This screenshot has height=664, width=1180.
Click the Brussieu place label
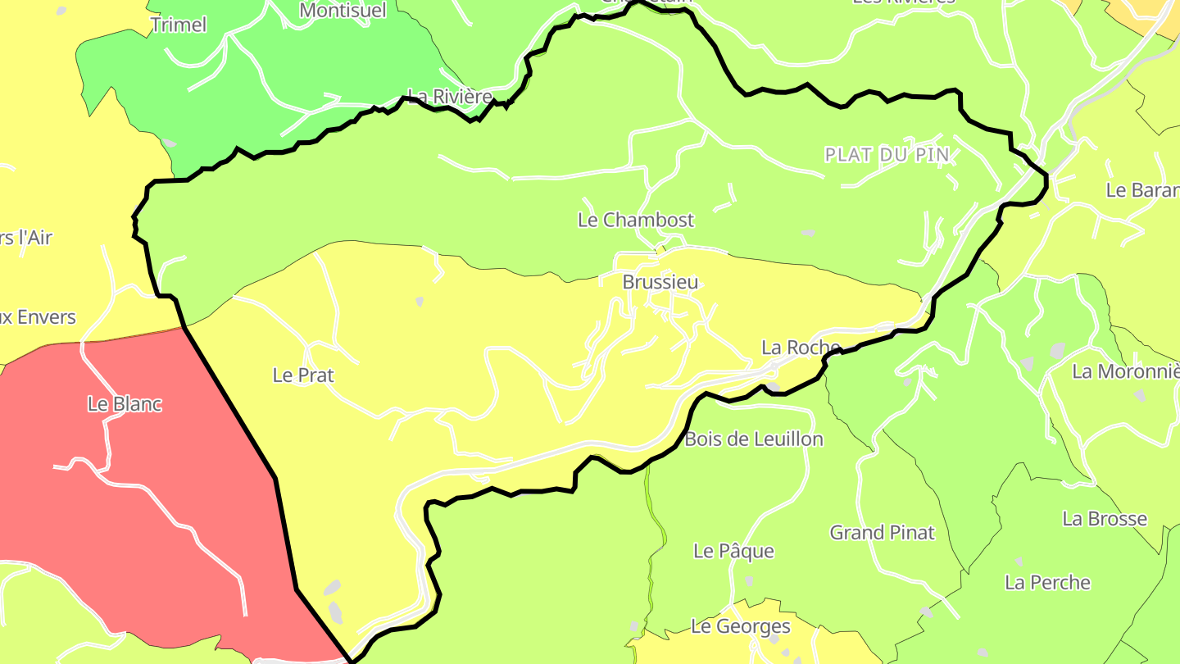point(660,282)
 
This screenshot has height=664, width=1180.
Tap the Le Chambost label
point(636,220)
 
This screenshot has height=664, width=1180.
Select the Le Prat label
point(303,375)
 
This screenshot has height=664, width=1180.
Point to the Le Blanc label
point(125,404)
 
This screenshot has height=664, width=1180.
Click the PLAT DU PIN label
point(887,154)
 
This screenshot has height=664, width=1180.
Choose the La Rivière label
point(451,97)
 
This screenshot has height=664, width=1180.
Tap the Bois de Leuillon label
point(754,439)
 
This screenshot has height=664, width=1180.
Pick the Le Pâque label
point(733,551)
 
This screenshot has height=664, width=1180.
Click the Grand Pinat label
point(883,533)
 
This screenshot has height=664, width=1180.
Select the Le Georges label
point(741,627)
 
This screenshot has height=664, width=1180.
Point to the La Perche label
point(1048,583)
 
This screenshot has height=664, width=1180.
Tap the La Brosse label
point(1105,519)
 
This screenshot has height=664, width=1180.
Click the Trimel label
point(179,25)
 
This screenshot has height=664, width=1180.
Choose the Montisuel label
point(343,11)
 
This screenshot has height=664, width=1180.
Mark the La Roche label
point(801,348)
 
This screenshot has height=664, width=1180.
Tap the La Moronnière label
point(1126,371)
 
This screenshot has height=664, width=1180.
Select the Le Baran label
point(1142,190)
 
